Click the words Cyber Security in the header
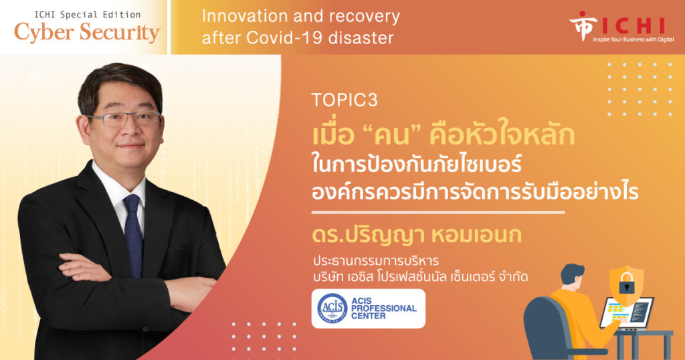click(x=87, y=33)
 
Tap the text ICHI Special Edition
click(x=88, y=15)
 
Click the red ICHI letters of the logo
click(x=633, y=26)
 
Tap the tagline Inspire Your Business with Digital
click(x=633, y=39)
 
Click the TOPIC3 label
click(x=345, y=100)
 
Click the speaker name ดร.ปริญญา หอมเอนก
click(x=416, y=234)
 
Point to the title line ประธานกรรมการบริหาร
click(x=376, y=261)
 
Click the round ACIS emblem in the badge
click(x=332, y=308)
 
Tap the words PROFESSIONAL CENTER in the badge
click(x=383, y=312)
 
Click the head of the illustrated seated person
click(x=573, y=275)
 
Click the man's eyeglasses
click(x=123, y=118)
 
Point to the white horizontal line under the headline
click(x=438, y=212)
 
